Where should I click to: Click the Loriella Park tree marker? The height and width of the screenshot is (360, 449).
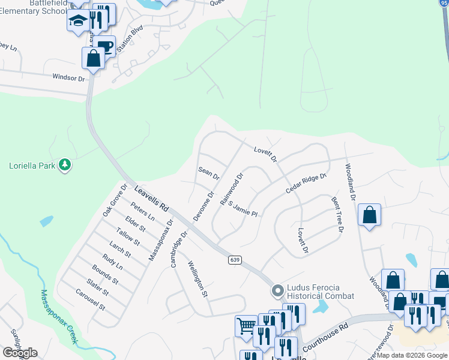pos(65,165)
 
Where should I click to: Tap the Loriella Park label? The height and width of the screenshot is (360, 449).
pos(32,166)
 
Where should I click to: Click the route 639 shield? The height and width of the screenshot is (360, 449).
pos(235,259)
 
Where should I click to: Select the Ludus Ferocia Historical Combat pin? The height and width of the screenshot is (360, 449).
pos(277,291)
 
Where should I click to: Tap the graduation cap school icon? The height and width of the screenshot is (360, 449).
pos(78,21)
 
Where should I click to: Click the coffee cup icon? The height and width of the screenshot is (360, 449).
pos(104,46)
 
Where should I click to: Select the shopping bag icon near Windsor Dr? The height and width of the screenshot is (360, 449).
pos(93,59)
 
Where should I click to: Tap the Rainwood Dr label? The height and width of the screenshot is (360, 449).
pos(232,190)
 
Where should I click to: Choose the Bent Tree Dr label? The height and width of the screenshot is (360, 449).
pos(337,214)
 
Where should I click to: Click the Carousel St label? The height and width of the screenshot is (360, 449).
pos(91,299)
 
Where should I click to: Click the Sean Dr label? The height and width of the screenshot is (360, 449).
pos(209,174)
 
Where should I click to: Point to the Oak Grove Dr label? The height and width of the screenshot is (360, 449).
pos(115,200)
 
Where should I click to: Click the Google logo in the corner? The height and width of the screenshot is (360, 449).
pos(20,353)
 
